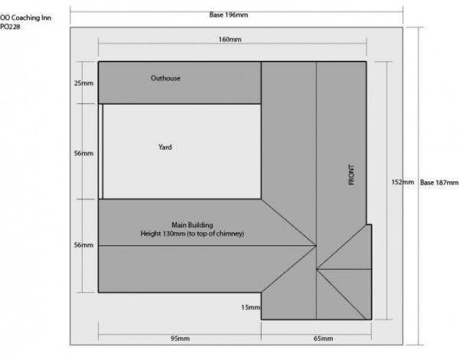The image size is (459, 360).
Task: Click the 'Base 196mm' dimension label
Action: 229,15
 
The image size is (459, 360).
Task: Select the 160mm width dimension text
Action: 229,39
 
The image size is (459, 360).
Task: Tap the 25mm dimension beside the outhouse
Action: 83,83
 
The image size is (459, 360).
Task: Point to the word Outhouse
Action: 166,78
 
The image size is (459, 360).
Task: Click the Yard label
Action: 165,147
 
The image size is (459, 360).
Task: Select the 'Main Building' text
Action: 192,225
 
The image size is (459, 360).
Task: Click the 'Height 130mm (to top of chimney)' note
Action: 192,233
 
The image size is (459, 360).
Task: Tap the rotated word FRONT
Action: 352,174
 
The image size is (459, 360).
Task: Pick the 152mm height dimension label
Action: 402,182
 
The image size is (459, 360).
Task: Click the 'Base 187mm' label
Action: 439,183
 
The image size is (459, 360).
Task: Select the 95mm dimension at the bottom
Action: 180,339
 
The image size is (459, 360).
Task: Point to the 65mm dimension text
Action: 323,339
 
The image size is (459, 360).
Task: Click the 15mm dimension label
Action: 251,307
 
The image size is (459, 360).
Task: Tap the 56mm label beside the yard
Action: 83,153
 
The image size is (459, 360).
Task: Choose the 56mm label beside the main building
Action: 83,245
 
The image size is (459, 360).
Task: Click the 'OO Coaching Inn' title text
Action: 26,18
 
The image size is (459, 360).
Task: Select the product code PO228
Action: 10,27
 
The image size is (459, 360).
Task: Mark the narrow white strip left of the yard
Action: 101,151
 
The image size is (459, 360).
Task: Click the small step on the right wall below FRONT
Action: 369,225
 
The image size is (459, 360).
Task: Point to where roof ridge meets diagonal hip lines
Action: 316,245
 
